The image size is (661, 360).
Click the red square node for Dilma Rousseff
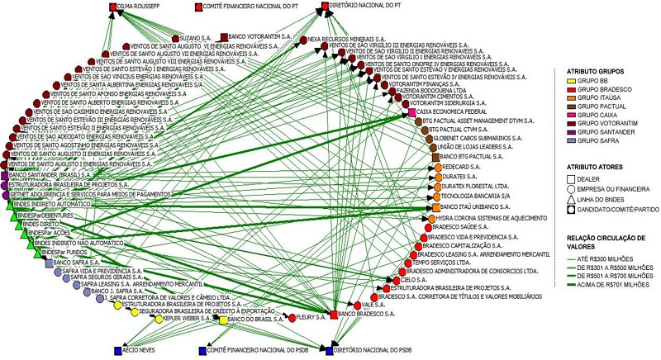coord(112,7)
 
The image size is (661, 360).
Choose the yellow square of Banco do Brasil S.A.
coord(223,320)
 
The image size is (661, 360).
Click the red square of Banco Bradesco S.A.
coord(334,315)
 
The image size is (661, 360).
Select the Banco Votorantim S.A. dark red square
coord(224,37)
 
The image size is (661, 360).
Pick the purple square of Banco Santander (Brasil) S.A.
coord(5,176)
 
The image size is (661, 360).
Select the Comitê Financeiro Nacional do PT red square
coord(198,7)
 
